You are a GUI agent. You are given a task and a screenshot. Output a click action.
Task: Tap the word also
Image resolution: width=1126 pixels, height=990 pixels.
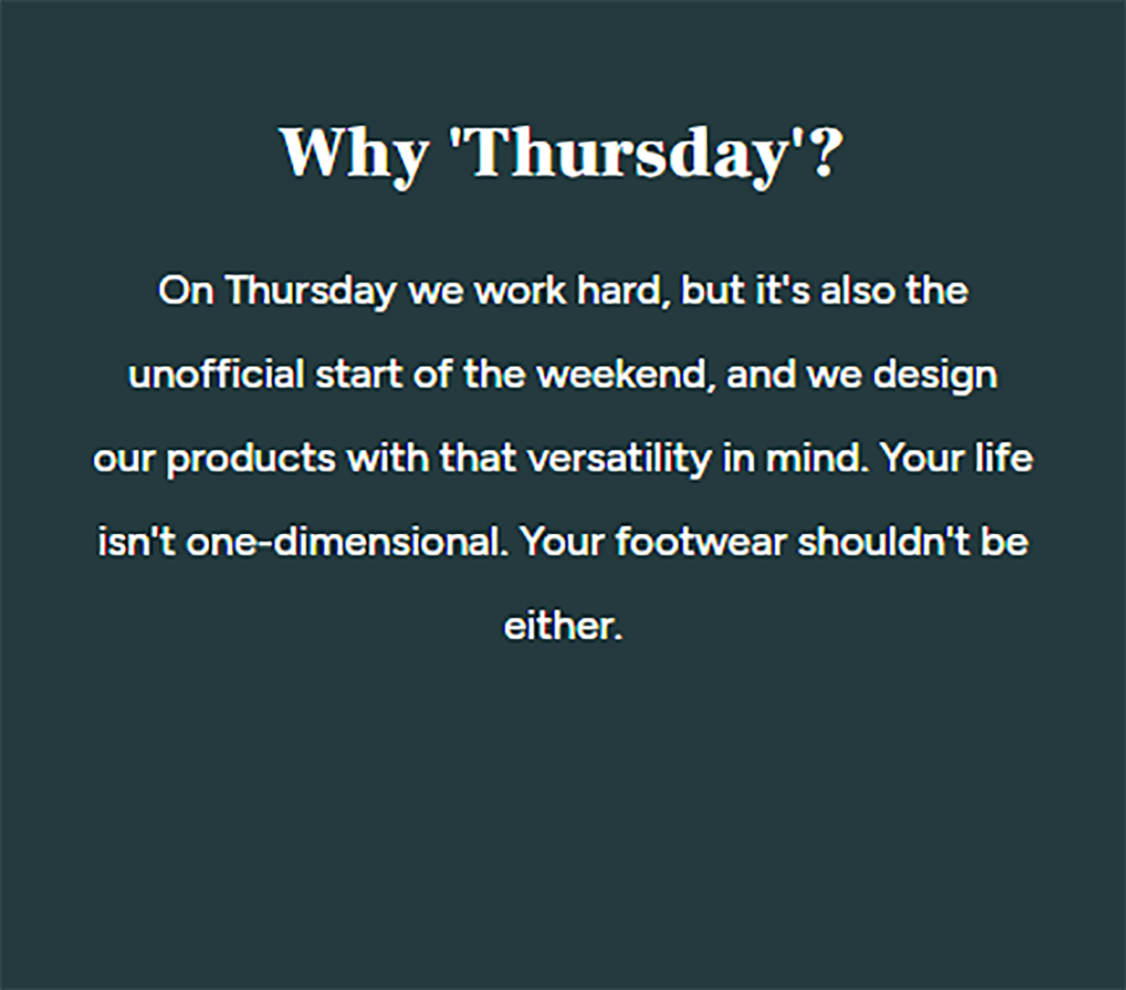[x=857, y=290]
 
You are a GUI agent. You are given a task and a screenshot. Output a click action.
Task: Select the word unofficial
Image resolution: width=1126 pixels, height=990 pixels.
[x=216, y=374]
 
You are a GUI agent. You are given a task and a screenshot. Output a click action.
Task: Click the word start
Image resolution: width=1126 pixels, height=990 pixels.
[x=359, y=375]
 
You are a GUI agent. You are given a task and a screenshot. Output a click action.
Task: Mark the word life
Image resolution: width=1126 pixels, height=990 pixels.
[x=1004, y=458]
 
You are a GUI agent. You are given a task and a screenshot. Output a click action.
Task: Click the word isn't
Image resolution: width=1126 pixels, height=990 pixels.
[x=137, y=542]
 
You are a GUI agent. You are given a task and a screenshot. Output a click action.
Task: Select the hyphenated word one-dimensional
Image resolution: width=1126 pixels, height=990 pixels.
[x=348, y=542]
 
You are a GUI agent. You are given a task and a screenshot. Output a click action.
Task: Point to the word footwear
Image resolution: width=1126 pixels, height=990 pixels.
[x=701, y=542]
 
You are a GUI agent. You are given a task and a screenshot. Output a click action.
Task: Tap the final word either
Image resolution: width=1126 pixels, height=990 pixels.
[x=563, y=625]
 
